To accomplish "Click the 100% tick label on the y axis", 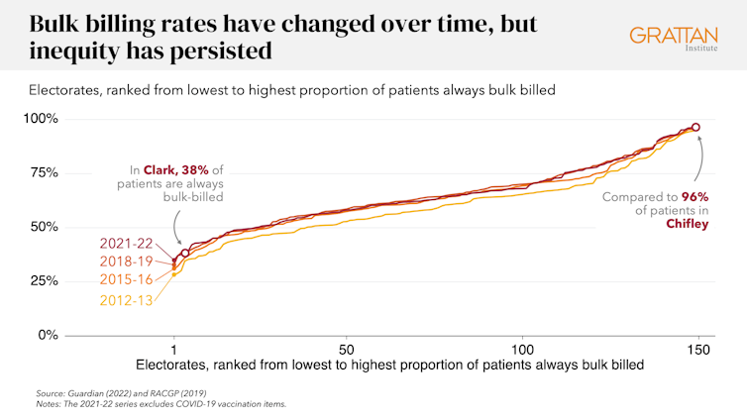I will coord(41,119).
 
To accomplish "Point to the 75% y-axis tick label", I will coord(44,173).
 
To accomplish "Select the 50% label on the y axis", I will coord(44,227).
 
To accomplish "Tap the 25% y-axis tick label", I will coord(44,281).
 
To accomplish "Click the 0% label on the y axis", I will coord(48,335).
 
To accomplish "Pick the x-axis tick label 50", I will coord(347,350).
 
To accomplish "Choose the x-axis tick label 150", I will coord(698,350).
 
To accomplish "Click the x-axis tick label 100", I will coord(523,350).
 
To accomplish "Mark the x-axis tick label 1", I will coord(174,350).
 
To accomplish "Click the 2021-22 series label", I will coord(126,244).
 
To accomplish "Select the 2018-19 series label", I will coord(126,262).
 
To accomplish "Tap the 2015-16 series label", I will coord(126,280).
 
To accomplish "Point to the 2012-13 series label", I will coord(126,299).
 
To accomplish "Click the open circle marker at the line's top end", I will coord(695,127).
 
